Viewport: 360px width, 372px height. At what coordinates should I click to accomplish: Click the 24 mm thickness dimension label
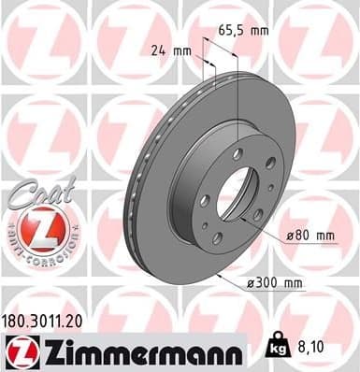[171, 50]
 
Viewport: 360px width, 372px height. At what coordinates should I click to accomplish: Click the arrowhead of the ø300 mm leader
[217, 275]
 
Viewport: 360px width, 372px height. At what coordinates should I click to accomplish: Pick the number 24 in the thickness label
[159, 50]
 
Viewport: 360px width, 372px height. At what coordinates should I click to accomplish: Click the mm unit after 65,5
[258, 31]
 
